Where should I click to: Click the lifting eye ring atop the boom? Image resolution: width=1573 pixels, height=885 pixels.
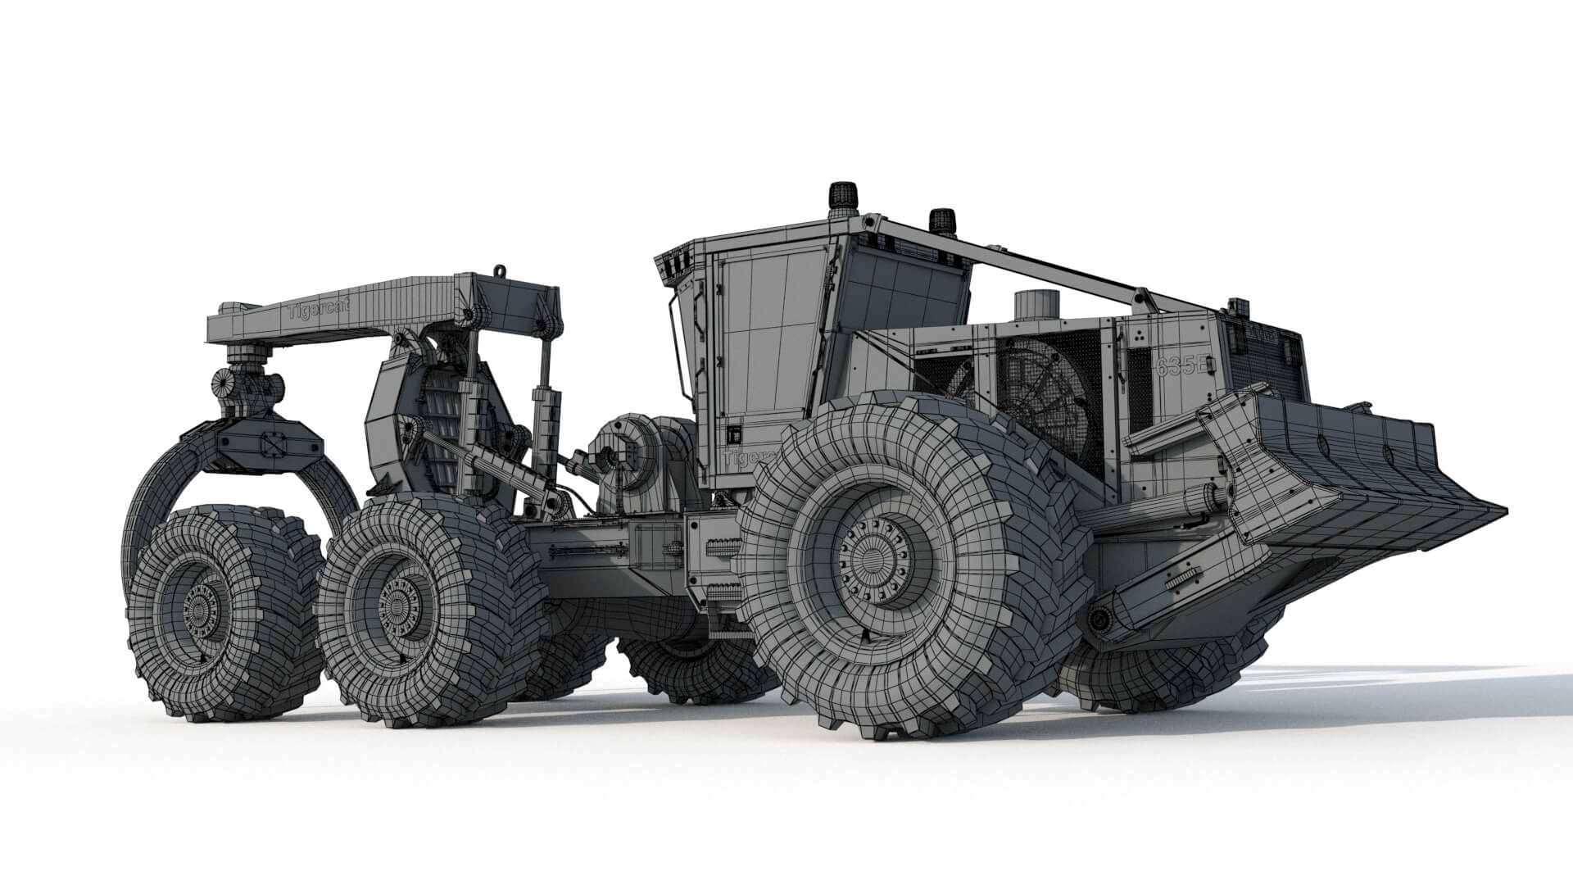coord(499,270)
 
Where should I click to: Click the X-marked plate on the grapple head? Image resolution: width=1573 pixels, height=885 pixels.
coord(270,443)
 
